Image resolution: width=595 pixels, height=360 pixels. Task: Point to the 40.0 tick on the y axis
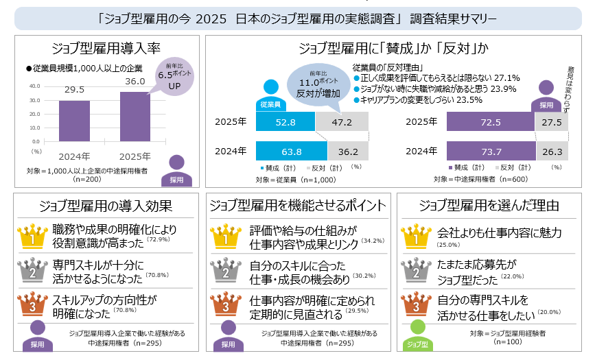[35, 86]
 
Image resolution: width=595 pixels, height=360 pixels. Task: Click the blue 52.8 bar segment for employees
[285, 123]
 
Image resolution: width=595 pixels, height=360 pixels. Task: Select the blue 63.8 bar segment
[291, 151]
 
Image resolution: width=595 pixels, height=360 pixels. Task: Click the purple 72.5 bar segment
[490, 123]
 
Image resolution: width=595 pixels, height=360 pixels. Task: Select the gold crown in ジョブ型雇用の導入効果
[31, 237]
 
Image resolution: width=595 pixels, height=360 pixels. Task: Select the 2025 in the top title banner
[210, 18]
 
